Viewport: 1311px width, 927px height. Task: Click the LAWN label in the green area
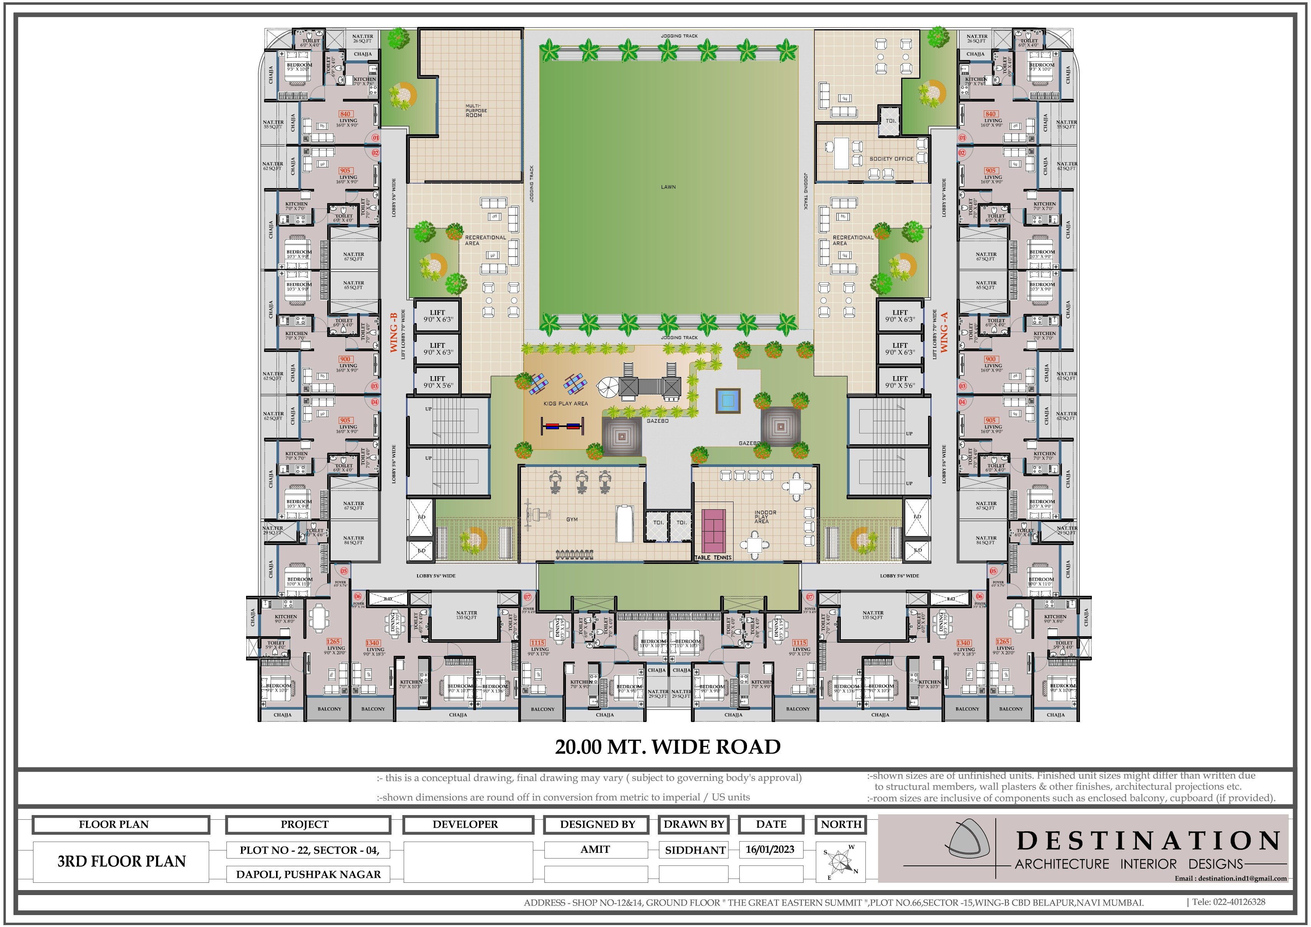click(x=668, y=187)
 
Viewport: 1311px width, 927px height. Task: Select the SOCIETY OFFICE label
click(x=891, y=159)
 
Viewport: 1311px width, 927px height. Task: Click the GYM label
click(x=572, y=519)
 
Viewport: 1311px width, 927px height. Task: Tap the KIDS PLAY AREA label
click(x=565, y=403)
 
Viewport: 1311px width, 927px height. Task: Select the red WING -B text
click(x=393, y=332)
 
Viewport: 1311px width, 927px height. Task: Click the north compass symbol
click(x=840, y=861)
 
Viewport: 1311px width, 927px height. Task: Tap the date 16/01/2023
click(x=770, y=849)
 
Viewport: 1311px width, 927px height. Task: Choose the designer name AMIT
click(x=595, y=849)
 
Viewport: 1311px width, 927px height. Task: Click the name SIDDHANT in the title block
click(x=695, y=850)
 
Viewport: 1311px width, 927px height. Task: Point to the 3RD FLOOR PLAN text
click(x=121, y=861)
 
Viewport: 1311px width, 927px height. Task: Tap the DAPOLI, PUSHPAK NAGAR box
click(x=308, y=874)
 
